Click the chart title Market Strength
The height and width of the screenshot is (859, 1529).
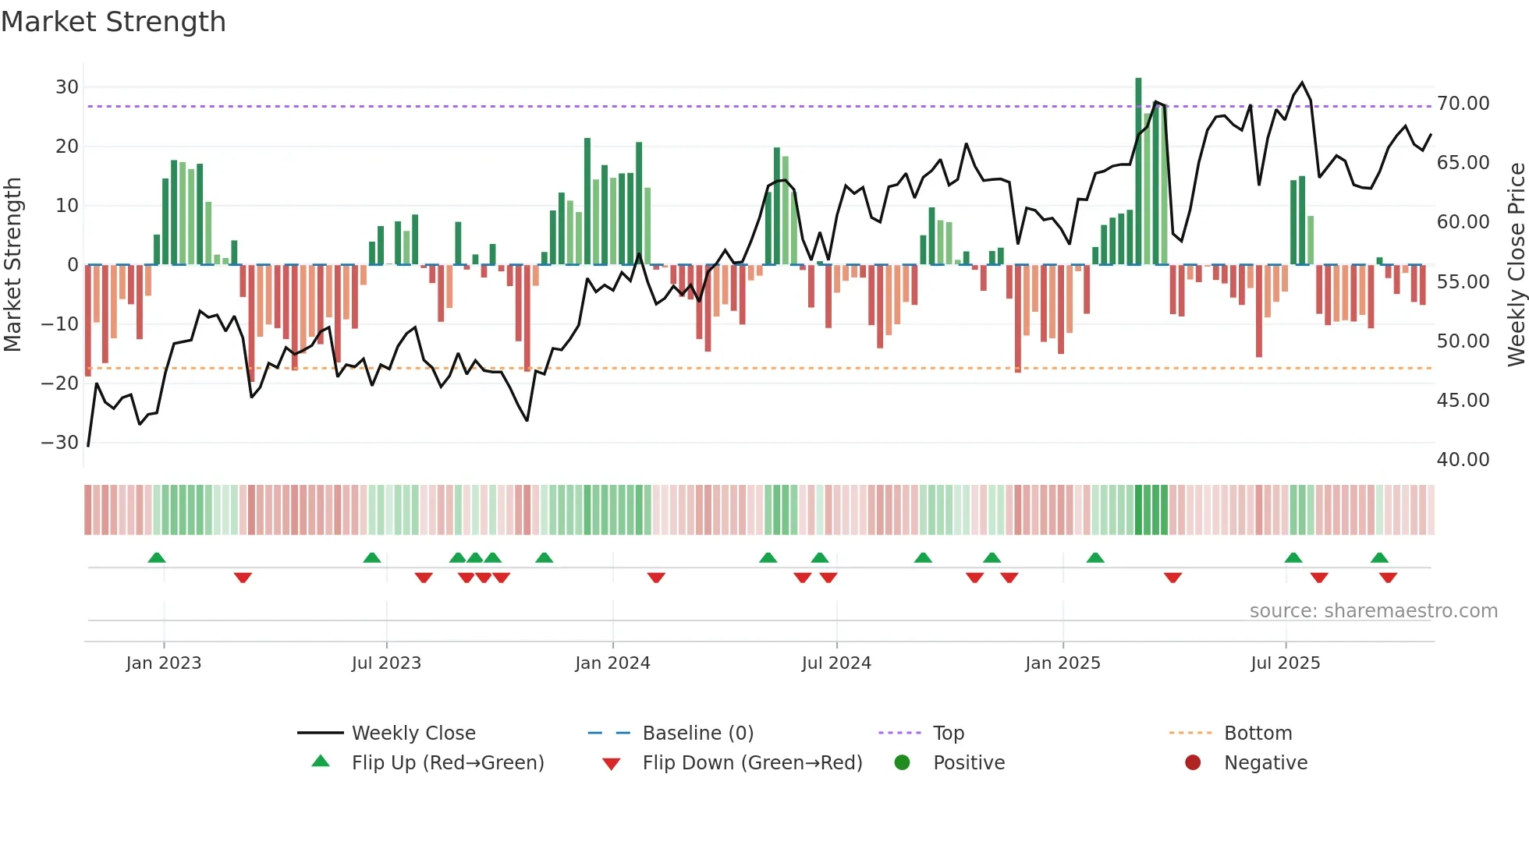pos(113,22)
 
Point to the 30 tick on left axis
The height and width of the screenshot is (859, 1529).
pos(67,87)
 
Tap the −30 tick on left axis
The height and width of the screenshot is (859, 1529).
pos(61,443)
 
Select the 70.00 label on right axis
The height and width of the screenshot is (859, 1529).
pos(1463,104)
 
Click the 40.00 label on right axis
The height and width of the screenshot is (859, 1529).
pos(1463,460)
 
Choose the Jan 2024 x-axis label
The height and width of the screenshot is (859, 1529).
pos(612,663)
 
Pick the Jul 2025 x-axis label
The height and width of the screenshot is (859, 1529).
pos(1285,663)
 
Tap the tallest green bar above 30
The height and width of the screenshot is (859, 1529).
pos(1138,171)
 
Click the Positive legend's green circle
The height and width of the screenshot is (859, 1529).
pos(902,763)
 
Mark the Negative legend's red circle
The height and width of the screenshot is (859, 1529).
pos(1193,763)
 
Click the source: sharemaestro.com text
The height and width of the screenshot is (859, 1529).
pos(1373,611)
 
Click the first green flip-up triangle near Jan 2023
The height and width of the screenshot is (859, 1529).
pos(157,558)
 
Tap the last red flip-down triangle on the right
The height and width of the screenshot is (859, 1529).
pos(1388,578)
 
